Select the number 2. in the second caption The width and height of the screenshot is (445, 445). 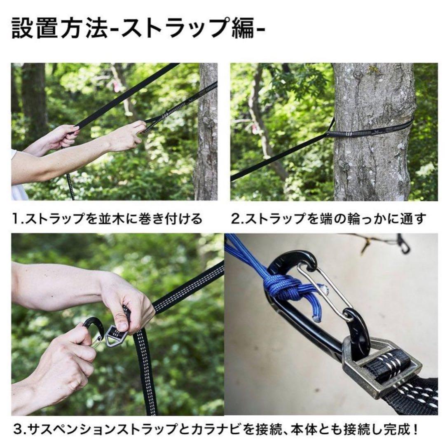(237, 218)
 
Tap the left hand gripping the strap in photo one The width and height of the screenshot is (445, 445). (62, 138)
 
